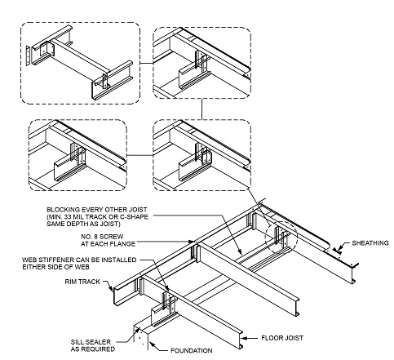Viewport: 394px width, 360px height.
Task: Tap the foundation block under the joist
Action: [144, 330]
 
